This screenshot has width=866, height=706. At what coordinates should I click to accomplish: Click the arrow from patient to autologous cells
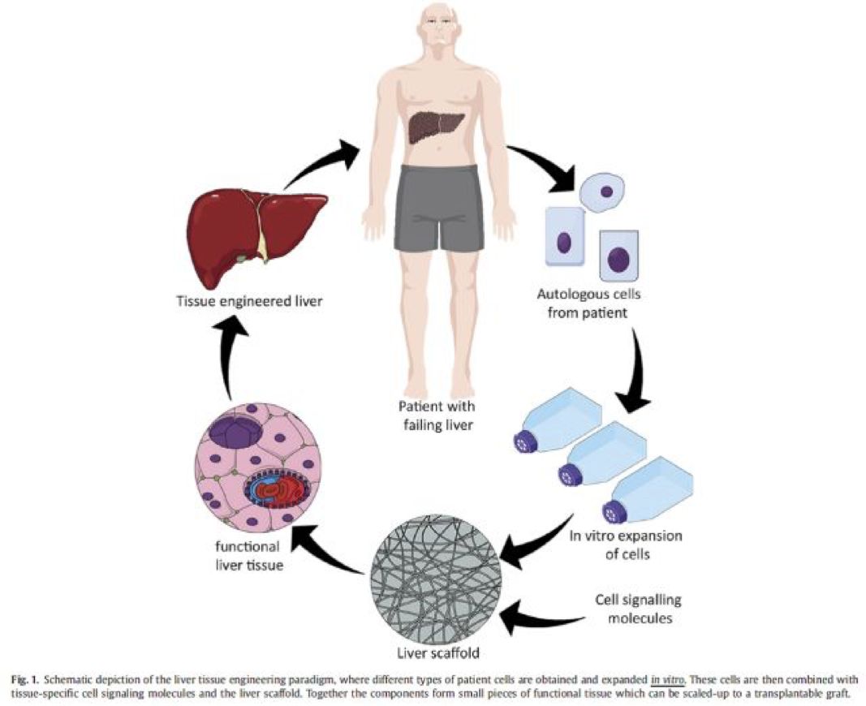pos(545,172)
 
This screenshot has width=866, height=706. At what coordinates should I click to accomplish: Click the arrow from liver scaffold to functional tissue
pos(329,552)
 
